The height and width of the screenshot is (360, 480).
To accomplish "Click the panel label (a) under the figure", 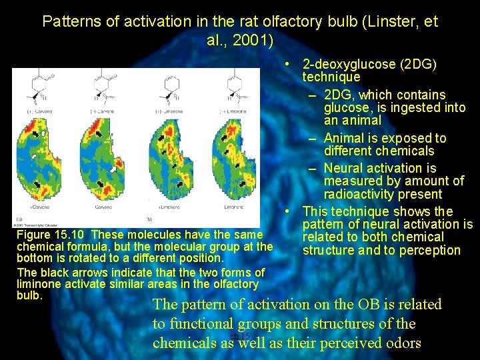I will [x=19, y=219].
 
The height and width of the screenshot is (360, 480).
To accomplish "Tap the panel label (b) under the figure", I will [x=149, y=219].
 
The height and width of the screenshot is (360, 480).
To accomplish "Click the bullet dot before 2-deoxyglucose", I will [x=285, y=65].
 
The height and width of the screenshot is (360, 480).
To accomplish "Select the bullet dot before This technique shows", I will [x=285, y=211].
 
